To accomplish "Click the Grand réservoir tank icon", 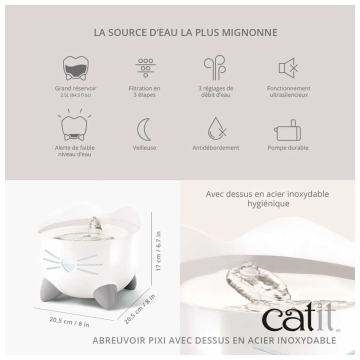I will [75, 68].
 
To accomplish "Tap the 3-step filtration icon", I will [144, 68].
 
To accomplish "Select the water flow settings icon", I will [215, 68].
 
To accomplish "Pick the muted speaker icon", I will [288, 68].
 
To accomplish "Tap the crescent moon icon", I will [144, 129].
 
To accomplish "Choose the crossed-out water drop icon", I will [215, 129].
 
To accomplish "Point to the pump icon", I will [288, 130].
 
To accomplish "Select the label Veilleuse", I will [144, 148].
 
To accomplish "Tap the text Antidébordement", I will [215, 148].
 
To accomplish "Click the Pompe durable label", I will [288, 148].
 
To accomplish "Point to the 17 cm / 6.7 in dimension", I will [158, 252].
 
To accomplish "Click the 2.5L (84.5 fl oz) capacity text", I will [75, 95].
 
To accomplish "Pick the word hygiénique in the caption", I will [267, 204].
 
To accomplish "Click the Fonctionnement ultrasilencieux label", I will [288, 91].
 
